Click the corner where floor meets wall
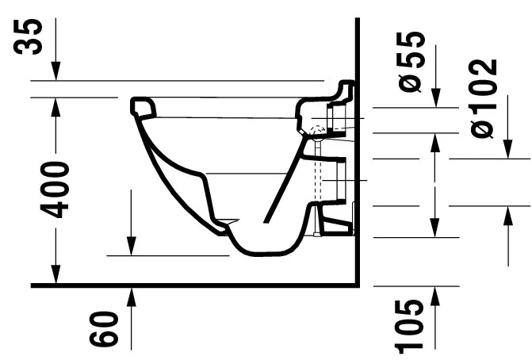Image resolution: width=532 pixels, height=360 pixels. point(358,284)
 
